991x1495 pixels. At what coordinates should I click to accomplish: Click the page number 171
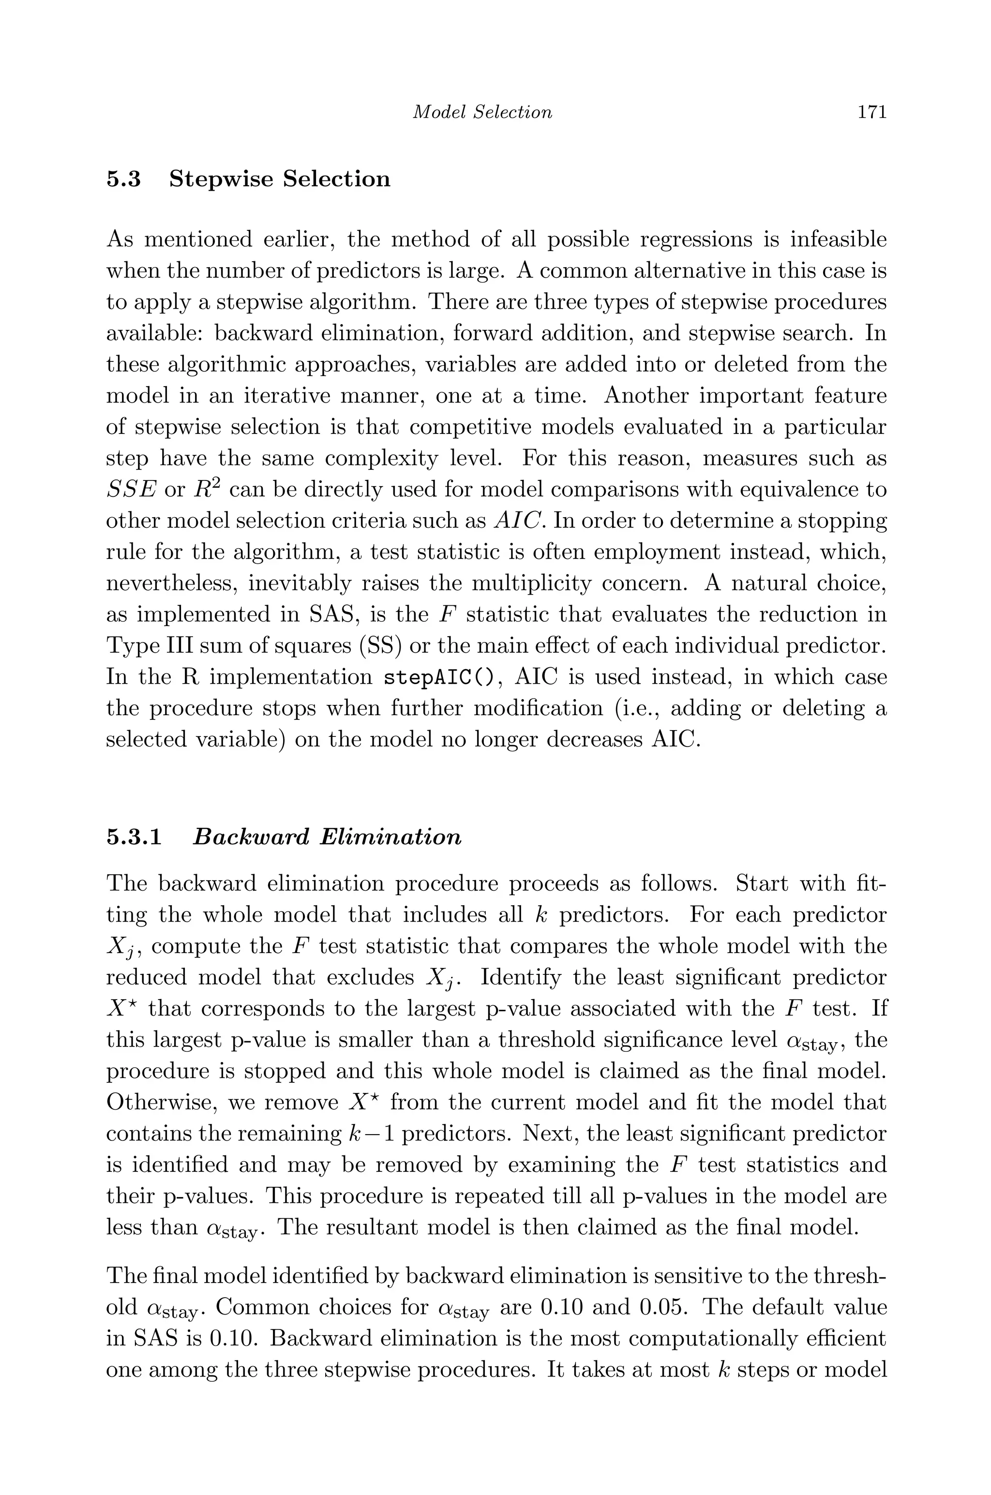coord(872,112)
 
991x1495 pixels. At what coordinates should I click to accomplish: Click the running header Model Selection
coord(482,112)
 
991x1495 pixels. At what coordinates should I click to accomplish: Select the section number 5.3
coord(124,179)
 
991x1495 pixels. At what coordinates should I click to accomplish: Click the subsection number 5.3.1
coord(134,837)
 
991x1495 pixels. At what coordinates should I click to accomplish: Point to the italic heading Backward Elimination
coord(327,837)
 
